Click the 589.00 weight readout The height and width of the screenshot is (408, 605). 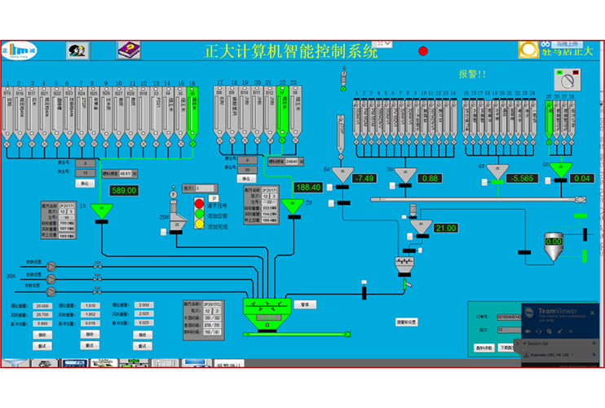pos(124,190)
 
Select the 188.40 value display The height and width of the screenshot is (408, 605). pos(307,187)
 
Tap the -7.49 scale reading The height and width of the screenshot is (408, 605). pos(364,178)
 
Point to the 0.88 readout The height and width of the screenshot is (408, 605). pos(430,178)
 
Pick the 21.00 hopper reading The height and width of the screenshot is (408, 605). pos(445,228)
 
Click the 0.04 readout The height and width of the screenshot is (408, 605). pos(582,178)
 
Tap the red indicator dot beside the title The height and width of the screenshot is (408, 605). pos(423,51)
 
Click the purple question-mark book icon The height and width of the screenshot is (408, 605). pos(129,51)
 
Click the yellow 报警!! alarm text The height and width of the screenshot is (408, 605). pos(471,73)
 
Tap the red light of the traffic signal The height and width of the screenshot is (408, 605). pos(199,203)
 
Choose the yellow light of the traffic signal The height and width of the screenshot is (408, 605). pos(199,223)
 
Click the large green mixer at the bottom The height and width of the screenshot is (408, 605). pos(267,309)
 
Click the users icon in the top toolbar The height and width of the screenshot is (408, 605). pos(77,51)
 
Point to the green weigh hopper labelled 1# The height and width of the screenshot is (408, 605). pos(102,210)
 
